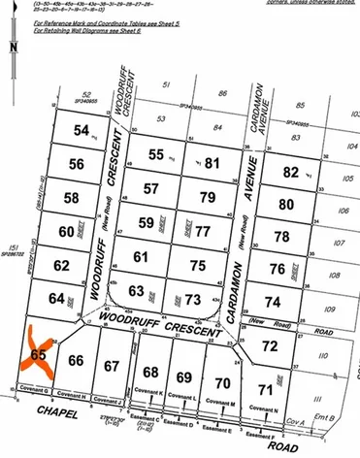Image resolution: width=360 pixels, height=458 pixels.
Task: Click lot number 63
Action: [x=137, y=290]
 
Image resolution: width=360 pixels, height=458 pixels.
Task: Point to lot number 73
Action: [x=193, y=299]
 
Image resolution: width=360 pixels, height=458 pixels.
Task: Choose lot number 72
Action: [x=271, y=345]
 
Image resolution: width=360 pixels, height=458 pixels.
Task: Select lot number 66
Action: [x=77, y=362]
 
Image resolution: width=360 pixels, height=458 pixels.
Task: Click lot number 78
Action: [x=281, y=237]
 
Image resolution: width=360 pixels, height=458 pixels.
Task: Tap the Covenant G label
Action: [x=36, y=391]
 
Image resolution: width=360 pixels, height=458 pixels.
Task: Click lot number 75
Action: [x=198, y=266]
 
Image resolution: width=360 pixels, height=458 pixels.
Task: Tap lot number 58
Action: [x=71, y=198]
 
